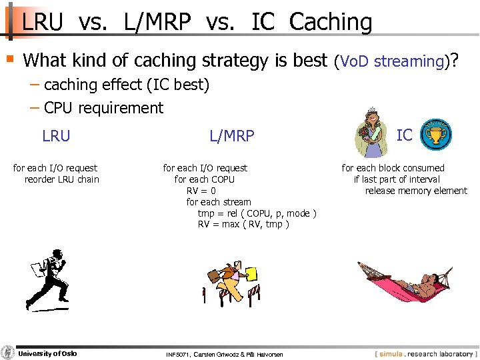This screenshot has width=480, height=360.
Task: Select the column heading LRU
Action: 55,136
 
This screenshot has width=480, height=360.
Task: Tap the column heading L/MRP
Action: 231,136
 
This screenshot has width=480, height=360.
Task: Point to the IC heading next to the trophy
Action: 404,135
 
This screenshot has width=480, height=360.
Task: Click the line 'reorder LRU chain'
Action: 61,179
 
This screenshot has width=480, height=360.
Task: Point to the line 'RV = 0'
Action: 201,191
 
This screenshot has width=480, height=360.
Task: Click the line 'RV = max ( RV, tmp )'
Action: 243,225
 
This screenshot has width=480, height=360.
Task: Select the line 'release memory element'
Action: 415,191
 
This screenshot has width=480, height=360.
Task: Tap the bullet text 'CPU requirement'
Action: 103,108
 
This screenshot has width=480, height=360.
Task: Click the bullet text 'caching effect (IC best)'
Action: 126,85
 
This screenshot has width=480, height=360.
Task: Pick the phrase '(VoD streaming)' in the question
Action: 391,61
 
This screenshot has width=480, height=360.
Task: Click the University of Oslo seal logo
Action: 7,353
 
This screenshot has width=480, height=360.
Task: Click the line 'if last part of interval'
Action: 396,179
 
